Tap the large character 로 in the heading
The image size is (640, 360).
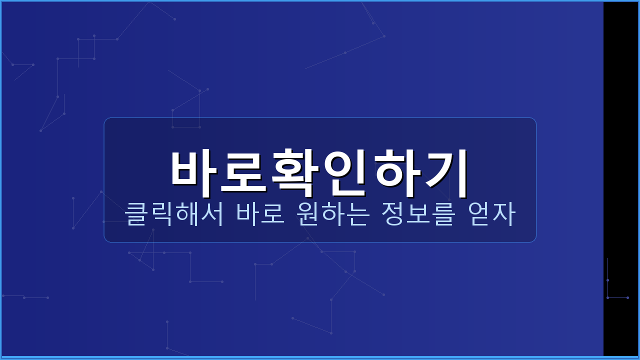[244, 170]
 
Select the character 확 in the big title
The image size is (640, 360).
[295, 170]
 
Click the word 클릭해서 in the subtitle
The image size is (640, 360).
[173, 214]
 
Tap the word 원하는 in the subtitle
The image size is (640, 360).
[333, 214]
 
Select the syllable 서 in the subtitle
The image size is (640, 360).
[211, 214]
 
